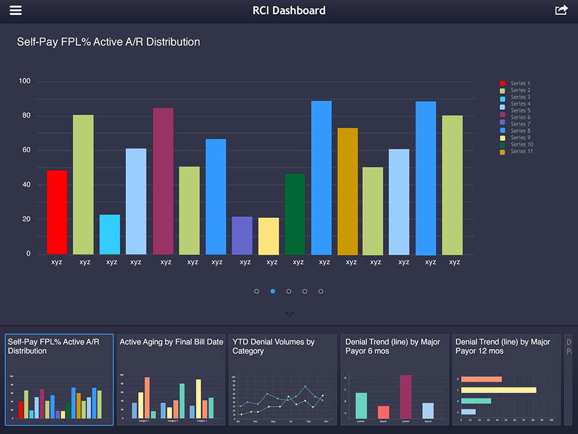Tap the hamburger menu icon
15,11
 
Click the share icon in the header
561,11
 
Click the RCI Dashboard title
289,11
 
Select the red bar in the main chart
57,213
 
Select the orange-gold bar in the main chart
348,191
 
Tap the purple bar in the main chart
242,236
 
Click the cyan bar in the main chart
110,234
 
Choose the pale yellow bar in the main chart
269,236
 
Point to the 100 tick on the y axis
25,81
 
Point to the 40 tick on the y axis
27,185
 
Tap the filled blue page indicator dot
273,292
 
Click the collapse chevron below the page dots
289,314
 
